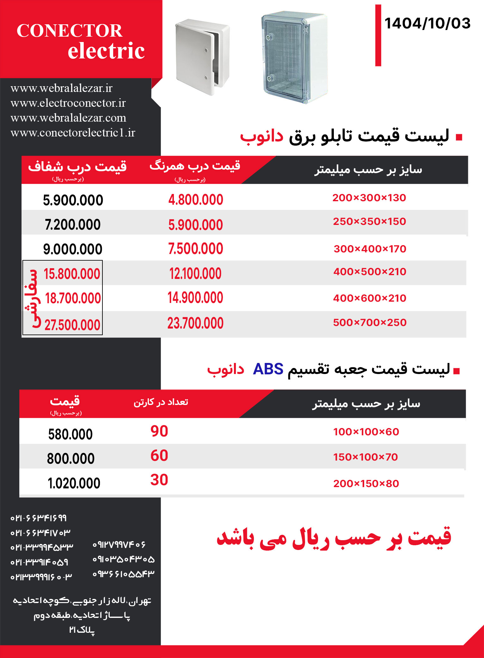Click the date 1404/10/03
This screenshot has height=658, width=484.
coord(427,24)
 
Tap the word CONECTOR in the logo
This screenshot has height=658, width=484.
coord(69,31)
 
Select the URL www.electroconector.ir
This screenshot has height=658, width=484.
coord(68,103)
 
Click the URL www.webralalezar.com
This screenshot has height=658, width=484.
coord(68,118)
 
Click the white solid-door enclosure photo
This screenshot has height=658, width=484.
coord(202,56)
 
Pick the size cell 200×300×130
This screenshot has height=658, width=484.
coord(369,198)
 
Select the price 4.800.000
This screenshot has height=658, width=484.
coord(196,200)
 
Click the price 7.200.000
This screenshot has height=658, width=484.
coord(73,225)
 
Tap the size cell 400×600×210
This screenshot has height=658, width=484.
coord(370,298)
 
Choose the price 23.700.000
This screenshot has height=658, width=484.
coord(195,323)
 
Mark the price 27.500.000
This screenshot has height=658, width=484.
coord(72,325)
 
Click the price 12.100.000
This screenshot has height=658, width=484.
coord(195,274)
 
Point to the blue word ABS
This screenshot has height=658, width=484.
coord(268,369)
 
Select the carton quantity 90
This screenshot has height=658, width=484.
coord(159,431)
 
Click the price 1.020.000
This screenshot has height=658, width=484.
coord(74,483)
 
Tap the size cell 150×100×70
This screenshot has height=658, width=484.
coord(365,457)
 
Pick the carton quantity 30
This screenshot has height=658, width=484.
coord(159,480)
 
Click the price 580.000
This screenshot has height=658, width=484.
coord(70,434)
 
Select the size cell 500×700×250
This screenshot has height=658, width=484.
coord(370,323)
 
